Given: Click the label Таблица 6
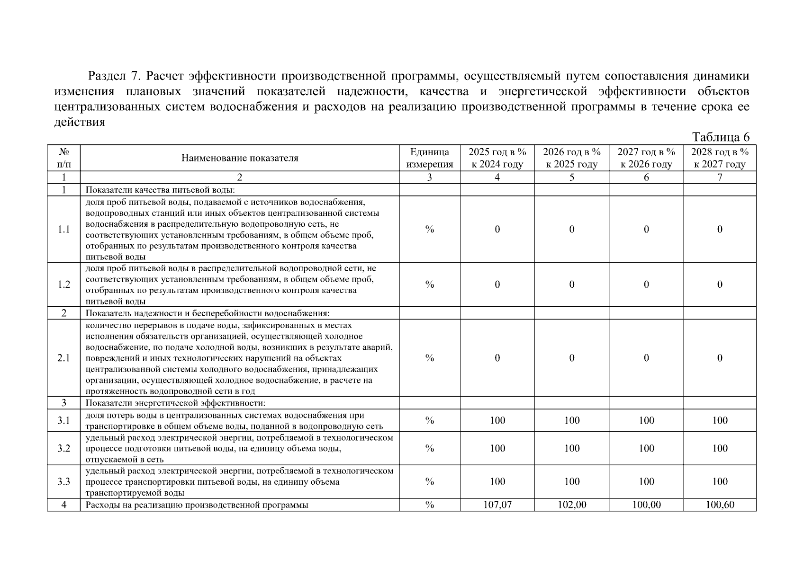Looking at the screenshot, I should (x=721, y=137).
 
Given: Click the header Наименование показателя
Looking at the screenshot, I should (x=240, y=158).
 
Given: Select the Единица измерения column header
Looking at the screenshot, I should (x=429, y=158).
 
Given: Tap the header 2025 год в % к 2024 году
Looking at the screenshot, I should (x=497, y=158).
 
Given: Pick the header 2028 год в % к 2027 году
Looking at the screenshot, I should (x=719, y=158).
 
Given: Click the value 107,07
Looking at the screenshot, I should (x=497, y=505).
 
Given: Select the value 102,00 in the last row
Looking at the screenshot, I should (x=572, y=505).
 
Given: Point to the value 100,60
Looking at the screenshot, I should (x=719, y=505).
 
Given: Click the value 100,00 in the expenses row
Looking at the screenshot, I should (x=646, y=505).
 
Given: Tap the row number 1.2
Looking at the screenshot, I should (x=64, y=284).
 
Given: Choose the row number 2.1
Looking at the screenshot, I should (x=64, y=358).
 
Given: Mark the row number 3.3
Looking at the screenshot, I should (x=64, y=481).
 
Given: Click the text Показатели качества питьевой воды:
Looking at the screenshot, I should (x=160, y=190).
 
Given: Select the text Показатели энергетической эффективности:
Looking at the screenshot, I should (x=175, y=403).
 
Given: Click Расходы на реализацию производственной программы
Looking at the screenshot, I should (x=197, y=505).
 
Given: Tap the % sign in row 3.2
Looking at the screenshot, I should (x=429, y=448).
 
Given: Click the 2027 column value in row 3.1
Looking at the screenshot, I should (x=646, y=420).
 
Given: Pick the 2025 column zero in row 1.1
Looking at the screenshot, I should (x=497, y=230).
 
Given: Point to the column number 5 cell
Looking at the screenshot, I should (x=572, y=177).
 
